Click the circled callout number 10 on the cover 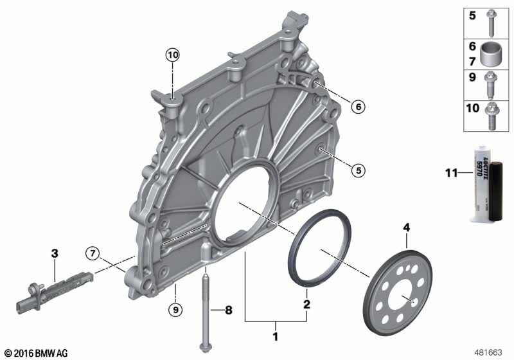point(172,55)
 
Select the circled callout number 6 point(358,107)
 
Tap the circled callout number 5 point(358,170)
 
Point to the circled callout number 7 point(93,253)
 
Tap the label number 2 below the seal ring point(306,303)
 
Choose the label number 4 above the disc point(405,227)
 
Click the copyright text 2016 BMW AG point(35,353)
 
